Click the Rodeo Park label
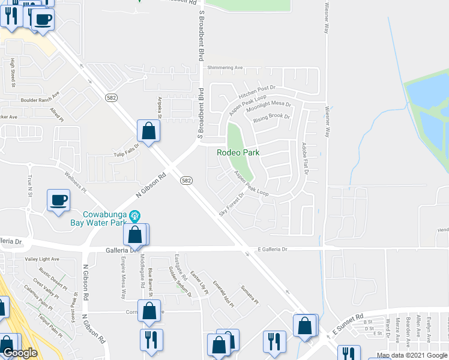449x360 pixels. (x=238, y=152)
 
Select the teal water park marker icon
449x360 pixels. (x=135, y=214)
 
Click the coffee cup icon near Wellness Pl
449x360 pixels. (x=58, y=201)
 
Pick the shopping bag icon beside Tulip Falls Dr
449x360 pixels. (x=148, y=131)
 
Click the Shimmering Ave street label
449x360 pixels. (x=225, y=68)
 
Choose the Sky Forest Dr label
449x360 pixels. (x=232, y=203)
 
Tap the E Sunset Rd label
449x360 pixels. (x=348, y=323)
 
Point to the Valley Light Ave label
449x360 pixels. (x=42, y=259)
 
